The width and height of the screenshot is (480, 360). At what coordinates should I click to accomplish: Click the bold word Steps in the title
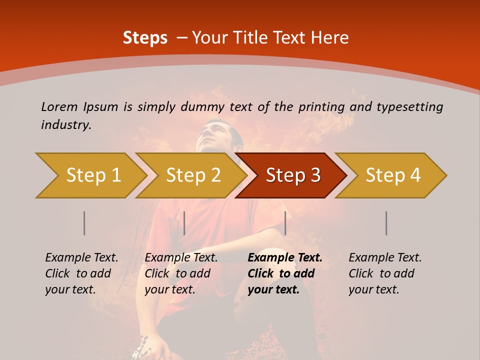tap(145, 38)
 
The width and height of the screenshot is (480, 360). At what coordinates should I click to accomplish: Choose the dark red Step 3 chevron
tap(293, 175)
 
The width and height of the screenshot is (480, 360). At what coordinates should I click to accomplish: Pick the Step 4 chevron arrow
tap(393, 175)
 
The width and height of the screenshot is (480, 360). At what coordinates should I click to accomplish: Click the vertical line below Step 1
tap(84, 223)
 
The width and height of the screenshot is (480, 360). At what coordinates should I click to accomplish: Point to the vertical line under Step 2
tap(184, 223)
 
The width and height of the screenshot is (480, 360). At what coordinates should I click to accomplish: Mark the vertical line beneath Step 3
tap(285, 223)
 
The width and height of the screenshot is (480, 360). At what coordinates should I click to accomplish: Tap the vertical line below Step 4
tap(386, 223)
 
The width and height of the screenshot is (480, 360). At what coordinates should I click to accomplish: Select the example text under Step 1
tap(81, 273)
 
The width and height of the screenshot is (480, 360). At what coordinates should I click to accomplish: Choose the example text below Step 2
tap(181, 273)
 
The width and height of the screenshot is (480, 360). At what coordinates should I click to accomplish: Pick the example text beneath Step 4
tap(384, 273)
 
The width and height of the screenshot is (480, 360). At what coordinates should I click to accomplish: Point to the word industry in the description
tap(66, 125)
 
